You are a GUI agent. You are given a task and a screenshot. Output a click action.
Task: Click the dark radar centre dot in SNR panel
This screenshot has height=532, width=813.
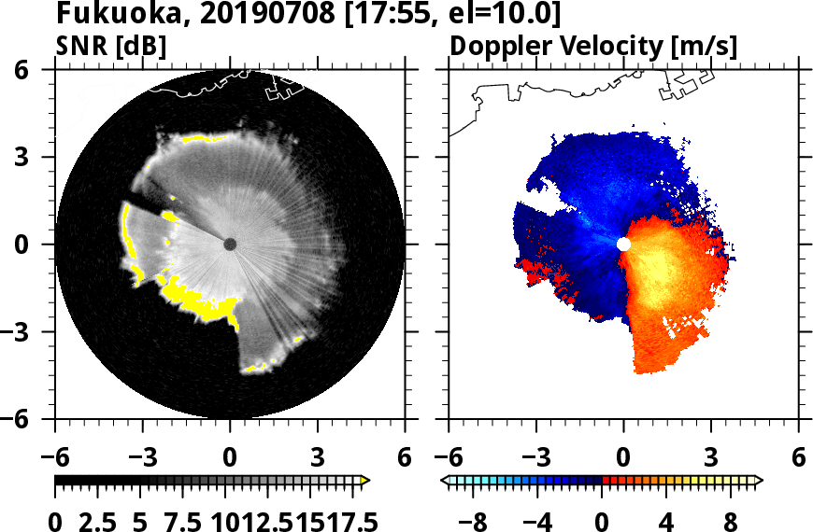(230, 244)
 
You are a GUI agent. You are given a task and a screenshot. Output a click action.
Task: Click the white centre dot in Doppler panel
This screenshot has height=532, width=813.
(623, 244)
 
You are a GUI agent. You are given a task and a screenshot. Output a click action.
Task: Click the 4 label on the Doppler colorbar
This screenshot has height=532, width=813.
(665, 519)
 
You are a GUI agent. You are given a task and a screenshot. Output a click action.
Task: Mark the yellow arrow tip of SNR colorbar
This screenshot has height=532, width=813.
(366, 480)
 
